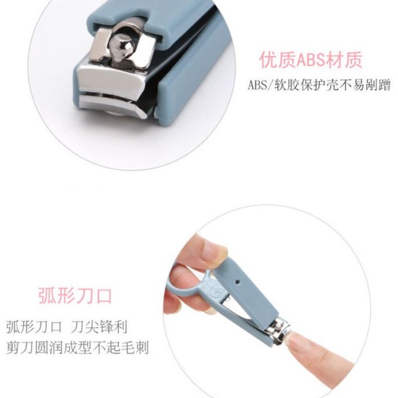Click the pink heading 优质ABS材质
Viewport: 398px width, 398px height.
pos(310,60)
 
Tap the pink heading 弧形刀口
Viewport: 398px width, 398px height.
pos(75,296)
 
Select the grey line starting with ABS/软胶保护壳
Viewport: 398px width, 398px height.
pos(319,85)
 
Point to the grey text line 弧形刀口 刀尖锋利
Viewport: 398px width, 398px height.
pos(67,327)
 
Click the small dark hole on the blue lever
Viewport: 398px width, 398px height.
pos(238,282)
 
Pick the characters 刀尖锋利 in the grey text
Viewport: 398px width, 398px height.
pos(98,327)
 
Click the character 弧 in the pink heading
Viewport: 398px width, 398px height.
pos(47,296)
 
